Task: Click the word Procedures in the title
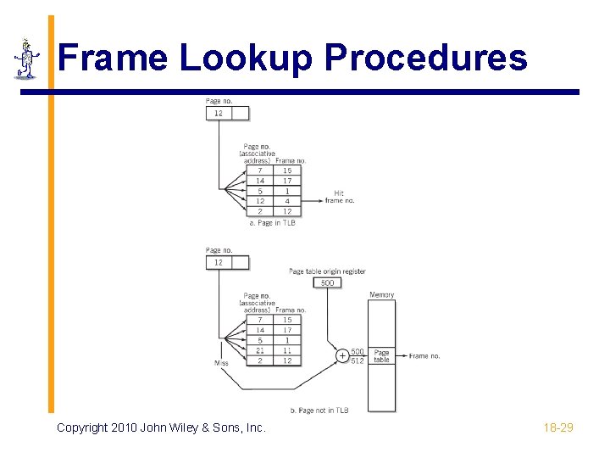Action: point(426,59)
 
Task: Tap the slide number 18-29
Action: point(558,427)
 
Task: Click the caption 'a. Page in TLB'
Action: point(272,223)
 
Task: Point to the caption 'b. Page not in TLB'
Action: point(319,411)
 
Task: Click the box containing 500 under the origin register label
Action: point(327,282)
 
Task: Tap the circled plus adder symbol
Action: point(342,356)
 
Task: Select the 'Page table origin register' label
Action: point(327,271)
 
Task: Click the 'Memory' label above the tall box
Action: point(381,294)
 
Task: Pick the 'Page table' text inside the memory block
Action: point(382,356)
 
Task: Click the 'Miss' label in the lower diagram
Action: point(221,363)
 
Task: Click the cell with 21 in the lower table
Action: point(260,350)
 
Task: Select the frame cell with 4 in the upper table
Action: point(287,201)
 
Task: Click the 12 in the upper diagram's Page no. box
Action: point(218,114)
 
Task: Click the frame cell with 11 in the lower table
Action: point(287,350)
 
